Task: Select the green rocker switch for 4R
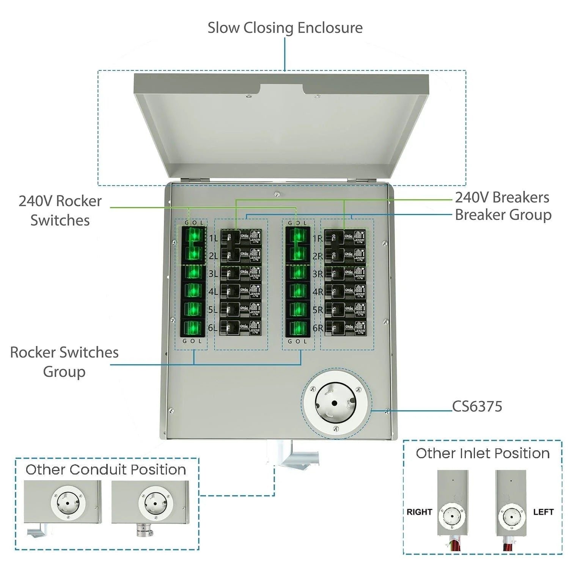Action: pyautogui.click(x=298, y=291)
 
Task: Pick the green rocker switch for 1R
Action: pyautogui.click(x=298, y=236)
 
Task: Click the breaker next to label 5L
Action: pyautogui.click(x=241, y=310)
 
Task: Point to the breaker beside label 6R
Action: pyautogui.click(x=346, y=327)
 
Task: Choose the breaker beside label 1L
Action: pyautogui.click(x=241, y=238)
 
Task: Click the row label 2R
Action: pyautogui.click(x=318, y=256)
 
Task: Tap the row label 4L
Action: pyautogui.click(x=213, y=292)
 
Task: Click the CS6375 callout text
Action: pyautogui.click(x=477, y=406)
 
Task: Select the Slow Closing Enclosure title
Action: pyautogui.click(x=285, y=28)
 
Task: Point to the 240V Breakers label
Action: pyautogui.click(x=502, y=197)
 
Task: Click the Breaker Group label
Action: pyautogui.click(x=503, y=215)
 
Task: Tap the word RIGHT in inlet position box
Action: pyautogui.click(x=419, y=512)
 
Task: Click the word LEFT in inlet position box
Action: pyautogui.click(x=543, y=512)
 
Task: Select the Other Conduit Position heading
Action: pyautogui.click(x=106, y=470)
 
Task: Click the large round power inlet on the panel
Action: pyautogui.click(x=336, y=403)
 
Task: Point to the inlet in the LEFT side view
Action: pyautogui.click(x=512, y=517)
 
